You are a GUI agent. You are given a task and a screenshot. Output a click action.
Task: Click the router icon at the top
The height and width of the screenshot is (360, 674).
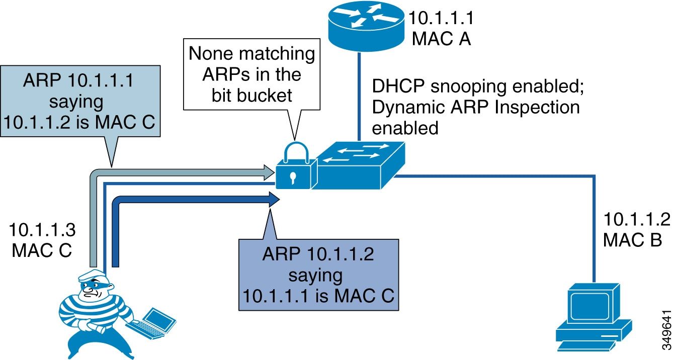pyautogui.click(x=366, y=26)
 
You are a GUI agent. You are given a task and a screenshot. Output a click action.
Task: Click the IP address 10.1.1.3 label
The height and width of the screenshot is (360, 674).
pyautogui.click(x=42, y=230)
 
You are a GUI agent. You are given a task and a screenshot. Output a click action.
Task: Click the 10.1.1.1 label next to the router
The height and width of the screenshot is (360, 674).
pyautogui.click(x=441, y=18)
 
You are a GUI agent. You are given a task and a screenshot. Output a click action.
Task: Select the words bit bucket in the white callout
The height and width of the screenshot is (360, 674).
pyautogui.click(x=251, y=94)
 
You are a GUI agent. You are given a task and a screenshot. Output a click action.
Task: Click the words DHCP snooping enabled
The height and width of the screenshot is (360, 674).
pyautogui.click(x=478, y=86)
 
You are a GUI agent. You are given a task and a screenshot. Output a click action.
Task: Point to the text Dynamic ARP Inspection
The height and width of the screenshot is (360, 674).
pyautogui.click(x=475, y=107)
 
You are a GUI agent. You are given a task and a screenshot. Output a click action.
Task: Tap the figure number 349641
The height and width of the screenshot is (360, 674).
pyautogui.click(x=666, y=329)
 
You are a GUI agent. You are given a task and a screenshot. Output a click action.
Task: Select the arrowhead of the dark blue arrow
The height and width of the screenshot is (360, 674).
pyautogui.click(x=273, y=199)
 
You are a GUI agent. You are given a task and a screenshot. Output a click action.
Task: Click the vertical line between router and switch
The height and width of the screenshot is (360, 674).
pyautogui.click(x=359, y=96)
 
